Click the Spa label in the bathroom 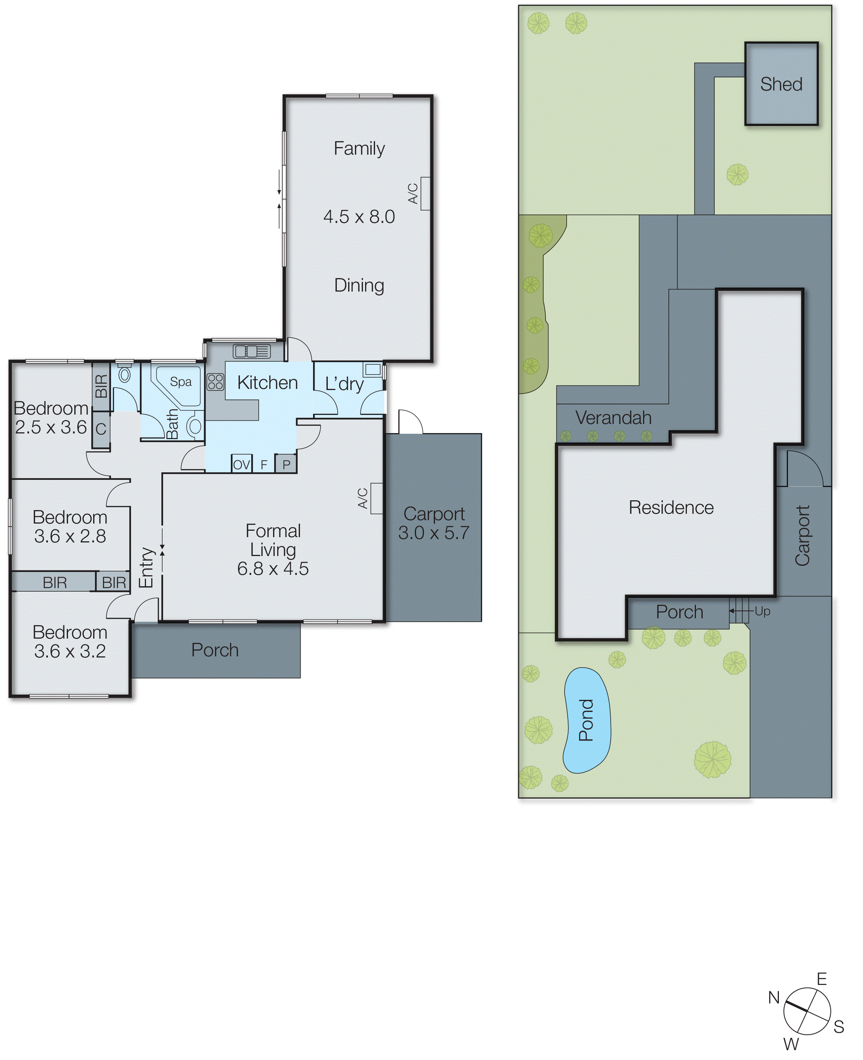(x=180, y=382)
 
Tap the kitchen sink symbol (x=252, y=351)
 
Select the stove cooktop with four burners (x=215, y=382)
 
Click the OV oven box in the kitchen (x=242, y=465)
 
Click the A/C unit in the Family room (x=425, y=194)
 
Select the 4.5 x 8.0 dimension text (x=359, y=217)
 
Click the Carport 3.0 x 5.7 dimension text (x=433, y=533)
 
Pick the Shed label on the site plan (x=781, y=84)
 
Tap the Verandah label (x=613, y=418)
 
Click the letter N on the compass (x=774, y=997)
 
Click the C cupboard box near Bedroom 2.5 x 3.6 (x=101, y=429)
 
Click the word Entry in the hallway (x=146, y=567)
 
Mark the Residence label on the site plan (x=671, y=508)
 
